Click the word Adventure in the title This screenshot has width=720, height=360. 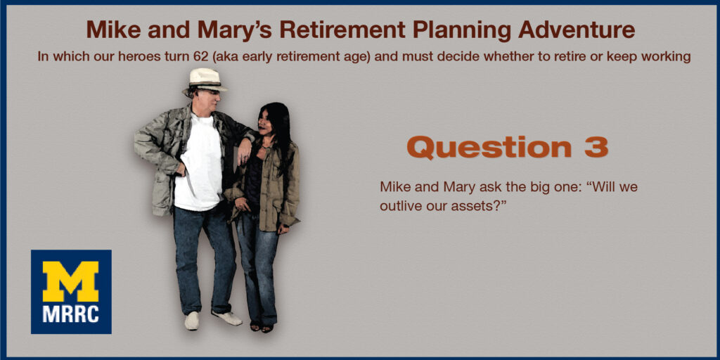[x=577, y=30]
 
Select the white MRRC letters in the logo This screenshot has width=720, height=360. [x=71, y=314]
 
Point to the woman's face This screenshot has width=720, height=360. [x=266, y=120]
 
